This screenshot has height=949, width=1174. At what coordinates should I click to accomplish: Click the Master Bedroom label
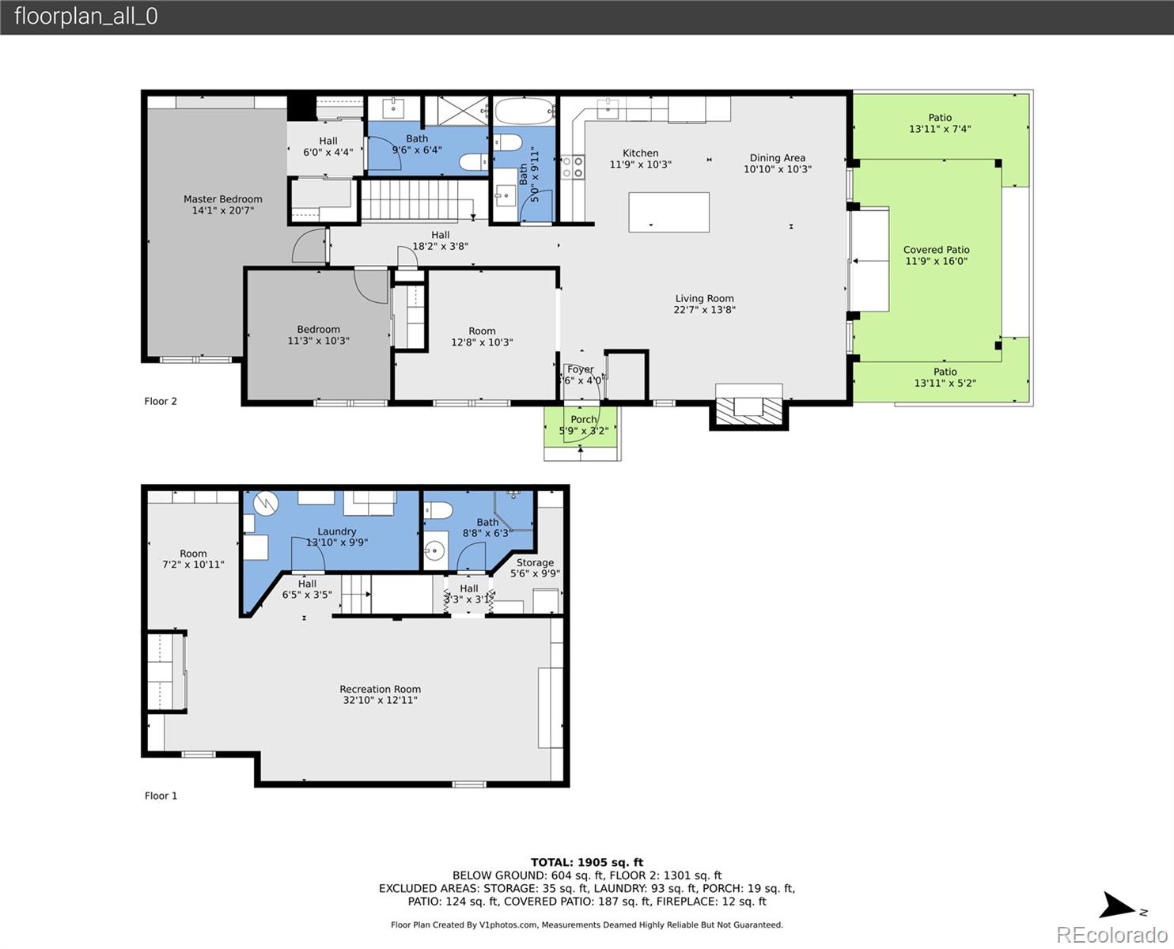click(x=222, y=198)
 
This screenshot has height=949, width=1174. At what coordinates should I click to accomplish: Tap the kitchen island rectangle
click(x=668, y=212)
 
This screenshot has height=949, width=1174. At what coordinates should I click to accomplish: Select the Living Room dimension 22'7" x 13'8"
click(x=704, y=309)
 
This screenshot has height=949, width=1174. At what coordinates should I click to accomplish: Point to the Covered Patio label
click(x=936, y=249)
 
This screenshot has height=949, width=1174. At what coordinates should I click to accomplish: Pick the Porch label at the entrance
click(x=584, y=420)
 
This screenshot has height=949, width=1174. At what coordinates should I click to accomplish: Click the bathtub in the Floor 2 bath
click(x=525, y=111)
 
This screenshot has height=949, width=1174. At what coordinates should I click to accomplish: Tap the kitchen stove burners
click(x=573, y=167)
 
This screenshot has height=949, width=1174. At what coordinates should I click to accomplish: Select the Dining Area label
click(x=777, y=157)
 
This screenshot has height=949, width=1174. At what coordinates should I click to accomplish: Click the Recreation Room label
click(x=380, y=689)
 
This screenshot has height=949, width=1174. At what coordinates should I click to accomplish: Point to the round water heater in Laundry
click(x=267, y=503)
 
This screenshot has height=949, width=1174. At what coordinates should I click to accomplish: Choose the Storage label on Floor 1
click(x=535, y=562)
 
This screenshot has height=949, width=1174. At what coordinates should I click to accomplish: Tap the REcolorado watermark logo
click(x=1112, y=934)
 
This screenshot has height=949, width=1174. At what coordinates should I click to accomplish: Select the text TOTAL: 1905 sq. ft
click(x=587, y=863)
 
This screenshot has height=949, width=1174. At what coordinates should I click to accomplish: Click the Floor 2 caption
click(x=161, y=401)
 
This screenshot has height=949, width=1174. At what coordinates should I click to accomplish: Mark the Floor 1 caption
click(x=161, y=796)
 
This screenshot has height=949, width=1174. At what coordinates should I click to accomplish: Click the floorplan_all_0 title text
click(x=86, y=17)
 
